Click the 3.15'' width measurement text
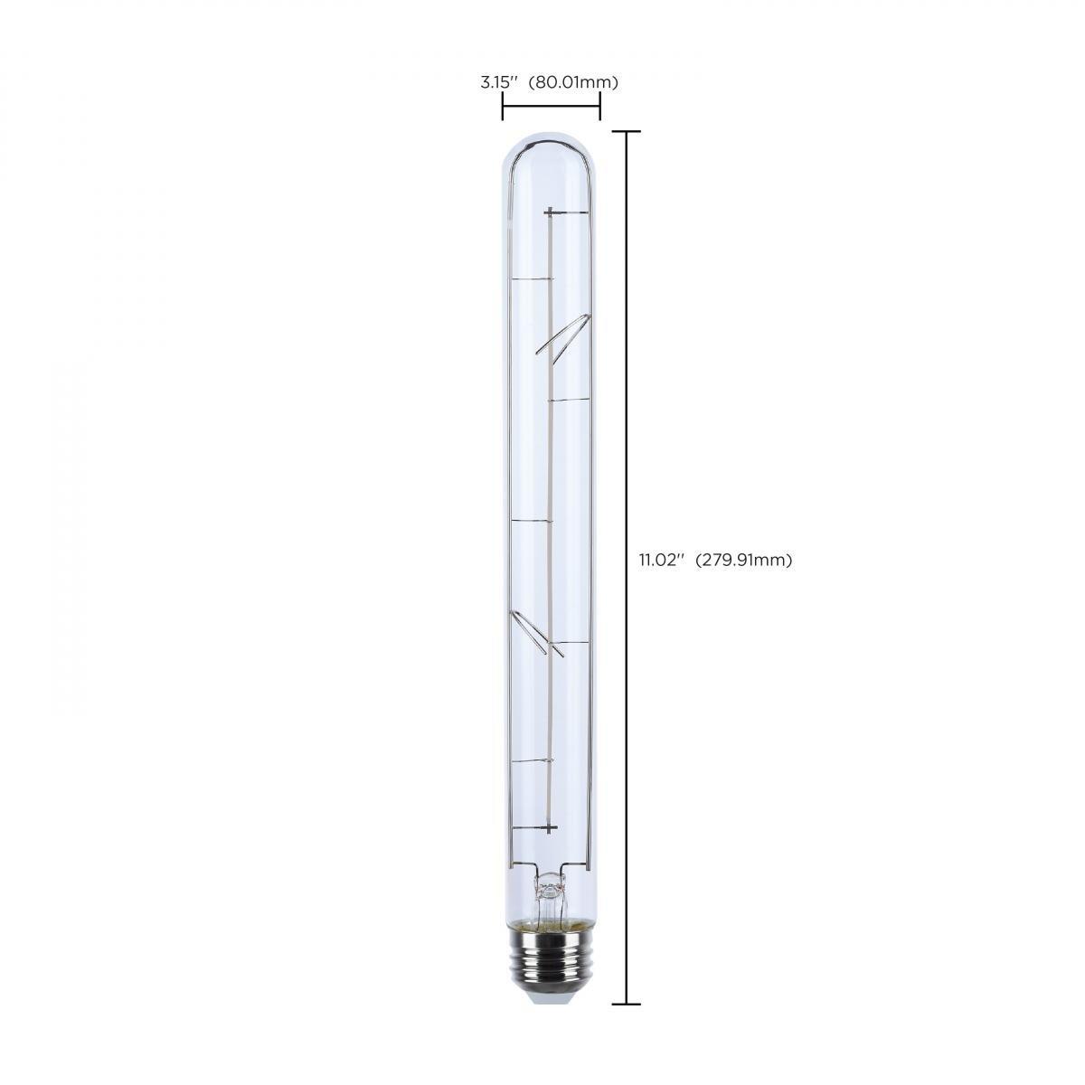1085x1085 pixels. point(498,82)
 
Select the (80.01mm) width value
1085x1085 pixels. point(573,82)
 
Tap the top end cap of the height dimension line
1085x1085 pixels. point(627,132)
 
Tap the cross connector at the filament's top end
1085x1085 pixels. point(550,212)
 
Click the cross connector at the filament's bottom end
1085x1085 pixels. point(550,827)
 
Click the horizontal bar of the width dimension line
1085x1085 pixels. point(551,108)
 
